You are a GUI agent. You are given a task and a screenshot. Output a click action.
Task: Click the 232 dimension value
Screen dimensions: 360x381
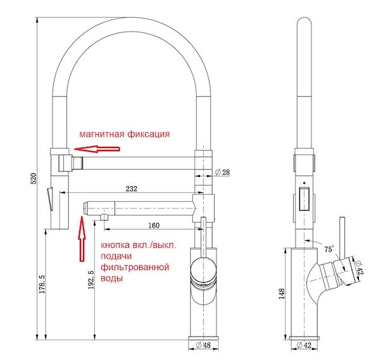click(x=132, y=189)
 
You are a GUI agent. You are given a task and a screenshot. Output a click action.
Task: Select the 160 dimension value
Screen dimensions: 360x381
click(x=153, y=225)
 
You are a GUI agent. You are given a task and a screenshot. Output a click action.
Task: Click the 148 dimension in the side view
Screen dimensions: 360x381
click(x=280, y=294)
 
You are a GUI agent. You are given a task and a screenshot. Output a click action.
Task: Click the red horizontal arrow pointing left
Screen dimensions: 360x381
click(x=96, y=149)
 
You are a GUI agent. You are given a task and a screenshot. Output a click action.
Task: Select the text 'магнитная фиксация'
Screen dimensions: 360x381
click(x=124, y=134)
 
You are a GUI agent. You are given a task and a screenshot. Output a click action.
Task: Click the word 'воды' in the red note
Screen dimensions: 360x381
click(x=111, y=278)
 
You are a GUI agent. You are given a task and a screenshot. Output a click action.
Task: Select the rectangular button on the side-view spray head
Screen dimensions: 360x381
click(x=304, y=198)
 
